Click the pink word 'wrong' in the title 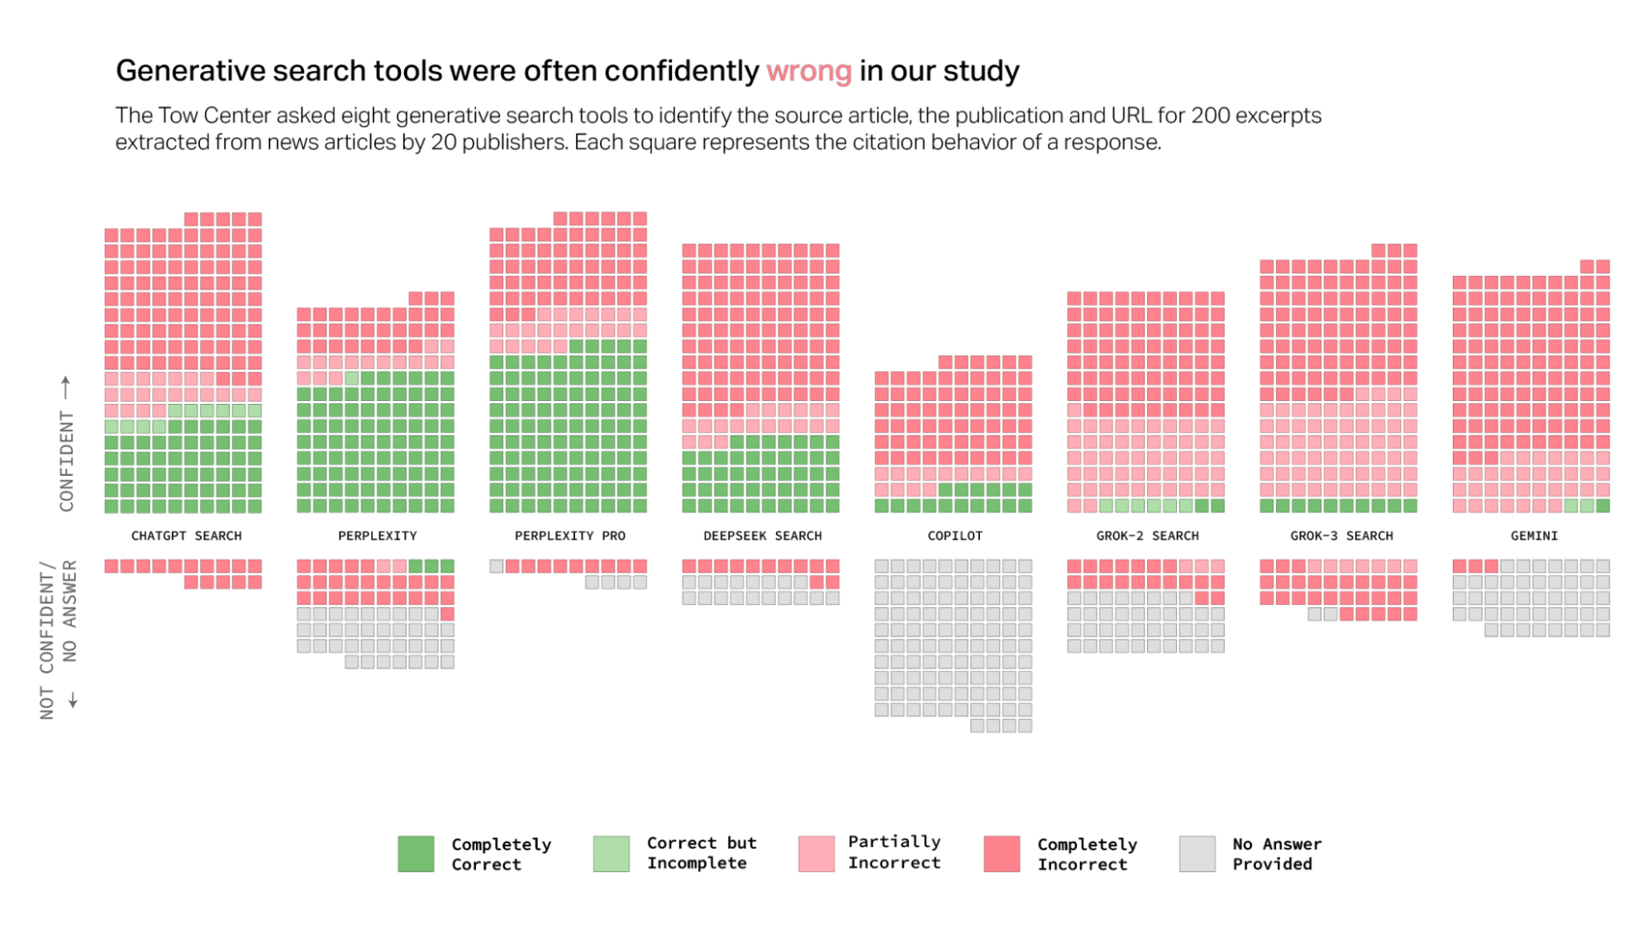pos(807,72)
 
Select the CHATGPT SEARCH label pos(186,535)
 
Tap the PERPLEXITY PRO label pos(569,535)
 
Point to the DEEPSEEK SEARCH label pos(762,535)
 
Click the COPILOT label pos(955,535)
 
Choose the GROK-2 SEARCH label pos(1147,535)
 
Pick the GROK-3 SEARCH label pos(1341,535)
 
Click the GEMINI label pos(1534,535)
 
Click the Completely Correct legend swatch pos(416,854)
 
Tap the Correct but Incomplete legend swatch pos(611,854)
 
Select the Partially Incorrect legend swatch pos(816,854)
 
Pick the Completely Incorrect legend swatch pos(1002,854)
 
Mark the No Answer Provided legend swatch pos(1197,854)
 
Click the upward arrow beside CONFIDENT pos(66,386)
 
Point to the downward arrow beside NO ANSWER pos(73,700)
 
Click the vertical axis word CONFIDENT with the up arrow pos(66,460)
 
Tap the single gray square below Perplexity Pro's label pos(497,566)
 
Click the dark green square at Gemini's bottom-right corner pos(1602,506)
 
